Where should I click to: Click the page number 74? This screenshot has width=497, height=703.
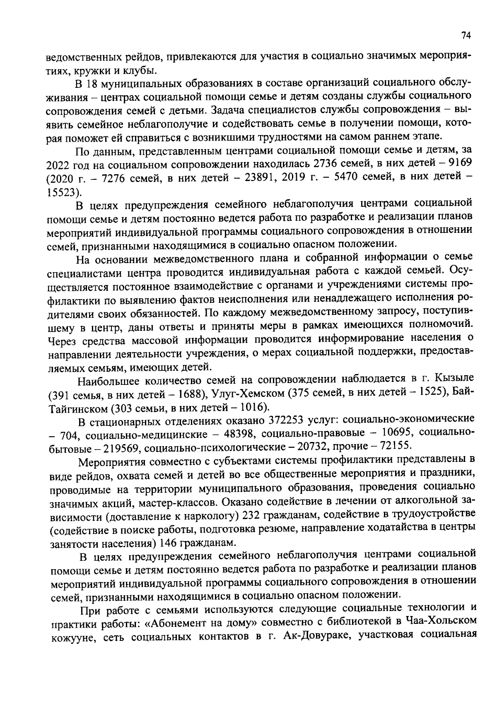(x=466, y=36)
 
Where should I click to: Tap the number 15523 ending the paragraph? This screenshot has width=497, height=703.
(x=63, y=192)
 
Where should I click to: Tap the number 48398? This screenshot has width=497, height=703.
(x=239, y=434)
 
